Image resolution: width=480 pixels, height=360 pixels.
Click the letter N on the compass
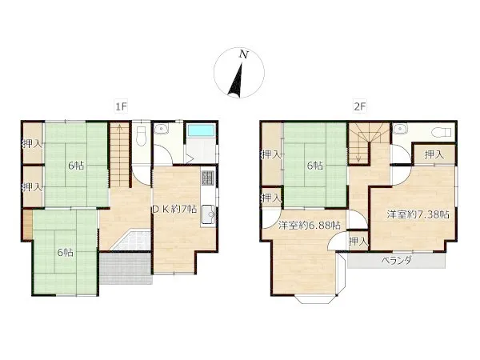(x=244, y=54)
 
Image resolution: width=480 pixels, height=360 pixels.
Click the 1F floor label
(x=121, y=106)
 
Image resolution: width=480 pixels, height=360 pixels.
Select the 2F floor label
(x=360, y=106)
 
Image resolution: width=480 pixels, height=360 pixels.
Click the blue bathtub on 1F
(x=201, y=130)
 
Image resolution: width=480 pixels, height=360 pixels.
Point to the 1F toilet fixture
(x=141, y=136)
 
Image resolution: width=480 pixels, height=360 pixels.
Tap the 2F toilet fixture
(x=442, y=133)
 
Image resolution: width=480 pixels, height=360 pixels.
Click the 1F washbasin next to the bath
(x=159, y=130)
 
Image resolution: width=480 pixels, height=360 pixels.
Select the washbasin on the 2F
(x=399, y=130)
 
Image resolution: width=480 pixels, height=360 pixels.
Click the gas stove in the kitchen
(x=207, y=178)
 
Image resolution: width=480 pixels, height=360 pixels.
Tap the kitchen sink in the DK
(x=209, y=214)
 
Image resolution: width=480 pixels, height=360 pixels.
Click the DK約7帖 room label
(x=174, y=209)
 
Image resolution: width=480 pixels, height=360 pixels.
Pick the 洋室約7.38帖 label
(x=418, y=214)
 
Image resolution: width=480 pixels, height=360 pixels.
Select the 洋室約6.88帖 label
(x=309, y=226)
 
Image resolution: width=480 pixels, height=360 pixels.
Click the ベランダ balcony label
(x=397, y=261)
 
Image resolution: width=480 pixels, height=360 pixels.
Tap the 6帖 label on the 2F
(x=315, y=166)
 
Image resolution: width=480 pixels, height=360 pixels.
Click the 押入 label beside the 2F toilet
(x=434, y=154)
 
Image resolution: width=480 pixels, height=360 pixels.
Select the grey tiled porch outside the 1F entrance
(x=126, y=268)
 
